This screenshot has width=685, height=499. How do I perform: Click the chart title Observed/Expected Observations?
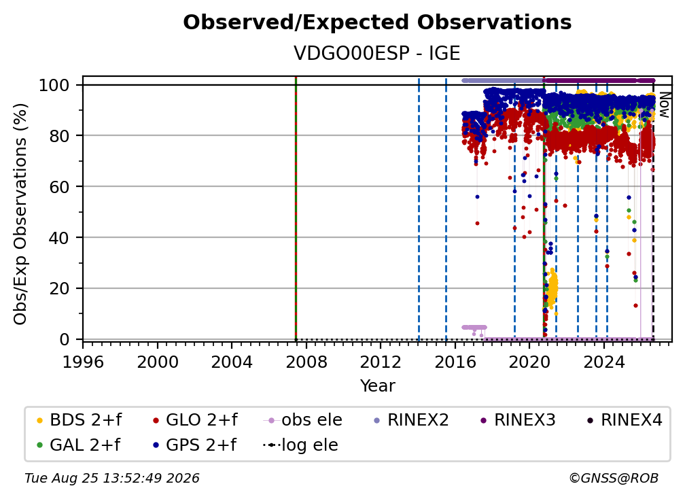(377, 22)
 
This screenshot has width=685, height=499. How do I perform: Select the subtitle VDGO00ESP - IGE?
(377, 53)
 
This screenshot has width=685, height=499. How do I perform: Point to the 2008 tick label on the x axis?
(306, 362)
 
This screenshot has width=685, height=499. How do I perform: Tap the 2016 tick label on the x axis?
(455, 362)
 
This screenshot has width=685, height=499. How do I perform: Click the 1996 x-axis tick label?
(83, 362)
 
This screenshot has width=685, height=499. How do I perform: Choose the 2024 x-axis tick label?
(604, 362)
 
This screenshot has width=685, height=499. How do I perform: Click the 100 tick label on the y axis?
(54, 85)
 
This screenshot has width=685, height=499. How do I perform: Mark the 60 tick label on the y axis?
(59, 186)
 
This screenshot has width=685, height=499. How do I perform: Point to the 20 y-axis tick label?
(59, 288)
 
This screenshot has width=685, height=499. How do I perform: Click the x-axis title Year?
(377, 386)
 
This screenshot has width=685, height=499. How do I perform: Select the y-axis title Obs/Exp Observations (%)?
(20, 214)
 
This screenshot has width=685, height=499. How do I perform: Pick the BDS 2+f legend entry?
(79, 420)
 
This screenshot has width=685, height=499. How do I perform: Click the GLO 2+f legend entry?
(195, 420)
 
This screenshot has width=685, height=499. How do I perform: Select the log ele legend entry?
(300, 445)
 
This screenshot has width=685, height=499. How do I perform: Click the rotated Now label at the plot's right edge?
(664, 105)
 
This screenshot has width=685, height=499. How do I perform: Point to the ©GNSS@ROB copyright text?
(614, 479)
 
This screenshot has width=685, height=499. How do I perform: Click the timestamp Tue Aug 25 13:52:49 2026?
(112, 479)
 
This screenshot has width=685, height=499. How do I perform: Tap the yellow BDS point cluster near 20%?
(551, 289)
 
